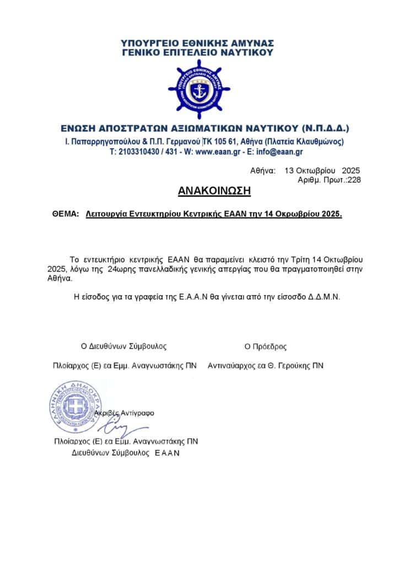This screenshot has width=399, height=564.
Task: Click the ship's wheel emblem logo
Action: coord(199,88)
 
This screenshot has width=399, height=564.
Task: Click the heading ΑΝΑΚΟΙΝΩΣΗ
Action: coord(214,191)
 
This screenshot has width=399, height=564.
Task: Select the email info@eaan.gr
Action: coord(283,151)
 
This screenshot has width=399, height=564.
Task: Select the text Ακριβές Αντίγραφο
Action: coord(125,413)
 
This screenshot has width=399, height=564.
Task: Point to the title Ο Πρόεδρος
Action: coord(266,347)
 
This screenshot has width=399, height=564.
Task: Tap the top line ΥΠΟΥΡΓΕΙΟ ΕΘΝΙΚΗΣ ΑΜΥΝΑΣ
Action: coord(198,43)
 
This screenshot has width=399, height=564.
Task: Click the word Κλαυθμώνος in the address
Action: coord(321,142)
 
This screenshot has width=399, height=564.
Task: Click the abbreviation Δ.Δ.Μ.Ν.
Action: coord(327,296)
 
